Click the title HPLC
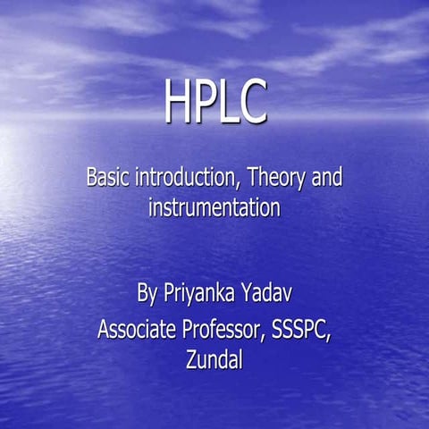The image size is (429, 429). pyautogui.click(x=214, y=104)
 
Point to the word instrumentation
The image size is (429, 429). pyautogui.click(x=214, y=210)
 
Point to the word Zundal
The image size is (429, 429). pyautogui.click(x=214, y=361)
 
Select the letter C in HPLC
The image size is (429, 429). pyautogui.click(x=252, y=104)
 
